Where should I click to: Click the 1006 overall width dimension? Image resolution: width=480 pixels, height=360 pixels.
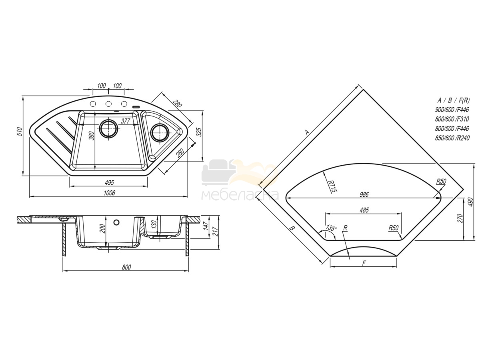pos(109,192)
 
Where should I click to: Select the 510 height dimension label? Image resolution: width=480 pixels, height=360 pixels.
pos(20,132)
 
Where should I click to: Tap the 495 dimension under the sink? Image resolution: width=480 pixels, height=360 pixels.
pos(109,182)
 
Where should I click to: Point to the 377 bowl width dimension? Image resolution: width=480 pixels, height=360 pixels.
pos(126,121)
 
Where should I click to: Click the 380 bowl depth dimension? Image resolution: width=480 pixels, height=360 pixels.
pos(92,136)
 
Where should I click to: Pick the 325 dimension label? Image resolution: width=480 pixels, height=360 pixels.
pos(199,132)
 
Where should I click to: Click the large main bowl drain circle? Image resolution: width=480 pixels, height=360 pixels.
pos(109,128)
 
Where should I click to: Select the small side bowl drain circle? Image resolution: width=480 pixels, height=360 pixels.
pos(160,133)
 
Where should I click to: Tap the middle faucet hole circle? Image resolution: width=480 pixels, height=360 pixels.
pos(108,104)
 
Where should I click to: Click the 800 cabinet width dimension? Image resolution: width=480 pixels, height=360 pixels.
pos(126,267)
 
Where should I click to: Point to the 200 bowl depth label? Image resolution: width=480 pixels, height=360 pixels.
pos(103,229)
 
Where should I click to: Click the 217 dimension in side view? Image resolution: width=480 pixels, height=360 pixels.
pos(215,232)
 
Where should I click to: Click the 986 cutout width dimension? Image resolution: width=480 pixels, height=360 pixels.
pos(364,194)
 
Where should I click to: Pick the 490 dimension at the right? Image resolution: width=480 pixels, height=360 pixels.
pos(470,202)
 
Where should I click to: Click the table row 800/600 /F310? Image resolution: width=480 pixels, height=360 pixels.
pos(452,119)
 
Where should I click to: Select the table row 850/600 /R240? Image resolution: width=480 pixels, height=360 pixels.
pos(452,138)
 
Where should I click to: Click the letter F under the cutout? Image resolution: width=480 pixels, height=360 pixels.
pos(364,263)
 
